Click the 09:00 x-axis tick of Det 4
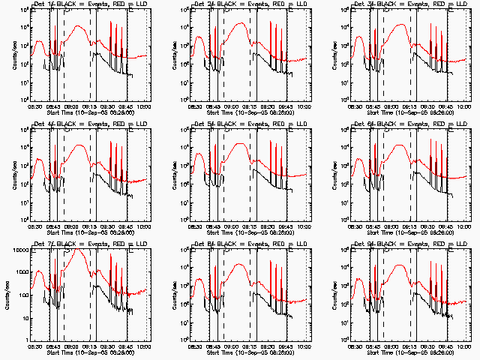[72, 226]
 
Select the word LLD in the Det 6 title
[445, 122]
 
